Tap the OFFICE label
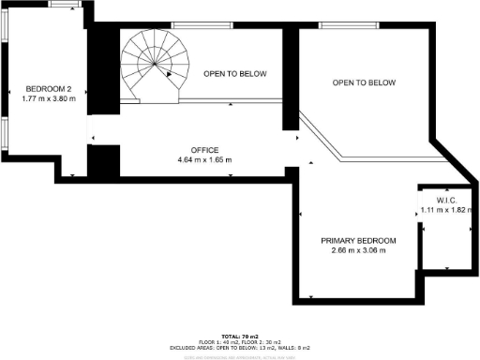coord(204,150)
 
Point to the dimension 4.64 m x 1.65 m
coord(204,160)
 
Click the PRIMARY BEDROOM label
coord(358,241)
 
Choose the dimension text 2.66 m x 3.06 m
coord(358,251)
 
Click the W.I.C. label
coord(444,201)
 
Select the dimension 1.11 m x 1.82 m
coord(444,211)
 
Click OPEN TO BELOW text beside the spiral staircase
coord(235,73)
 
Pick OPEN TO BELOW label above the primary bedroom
coord(364,82)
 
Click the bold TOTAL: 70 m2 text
coord(239,335)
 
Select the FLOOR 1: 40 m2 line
coord(239,340)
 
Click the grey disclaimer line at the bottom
coord(239,354)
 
